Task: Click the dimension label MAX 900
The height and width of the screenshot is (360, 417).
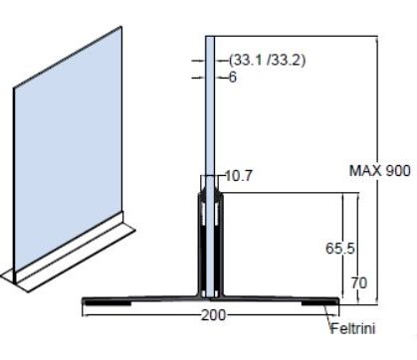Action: coord(380,171)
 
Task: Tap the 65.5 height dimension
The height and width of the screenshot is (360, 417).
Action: coord(340,249)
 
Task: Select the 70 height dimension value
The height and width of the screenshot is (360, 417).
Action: coord(359,283)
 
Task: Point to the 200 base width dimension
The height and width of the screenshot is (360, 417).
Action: coord(213,315)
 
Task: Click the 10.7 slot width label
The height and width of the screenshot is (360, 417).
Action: coord(239,176)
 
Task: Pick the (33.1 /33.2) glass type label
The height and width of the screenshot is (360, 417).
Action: coord(267,61)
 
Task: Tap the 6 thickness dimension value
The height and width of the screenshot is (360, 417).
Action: coord(233,78)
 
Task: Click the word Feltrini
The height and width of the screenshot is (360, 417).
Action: coord(353,328)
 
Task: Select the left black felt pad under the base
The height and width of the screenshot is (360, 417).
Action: coord(107,302)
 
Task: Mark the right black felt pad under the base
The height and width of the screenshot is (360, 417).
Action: coord(319,302)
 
